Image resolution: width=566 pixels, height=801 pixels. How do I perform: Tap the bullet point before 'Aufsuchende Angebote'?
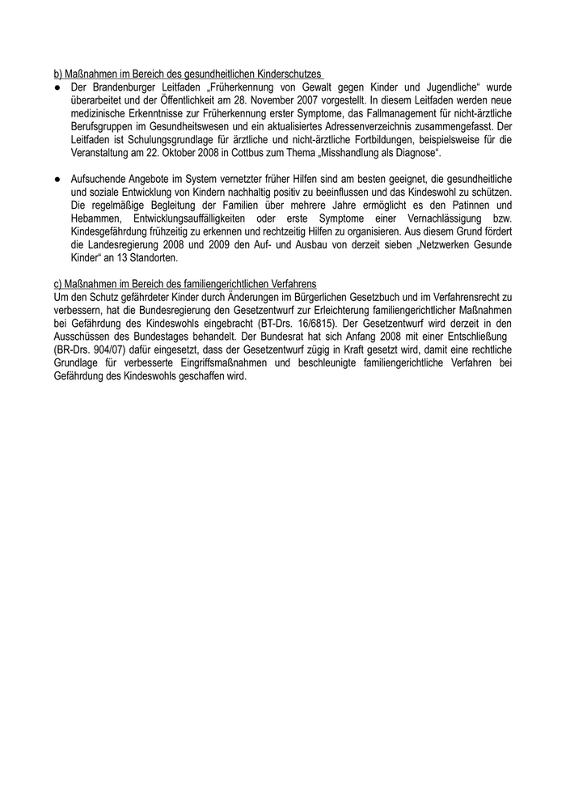coord(57,177)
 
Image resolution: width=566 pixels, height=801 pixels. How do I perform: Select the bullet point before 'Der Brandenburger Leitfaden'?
coord(57,86)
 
